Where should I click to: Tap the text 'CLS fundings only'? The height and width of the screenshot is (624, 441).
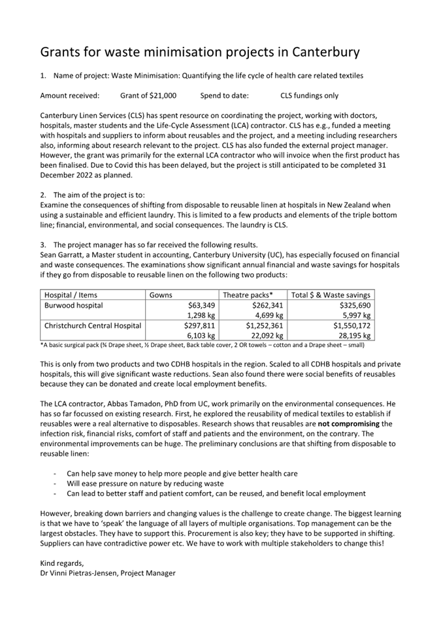(309, 95)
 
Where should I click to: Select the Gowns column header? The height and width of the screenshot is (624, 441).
(161, 295)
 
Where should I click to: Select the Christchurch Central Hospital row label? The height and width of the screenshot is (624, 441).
(93, 325)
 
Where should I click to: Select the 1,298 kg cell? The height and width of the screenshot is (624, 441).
(201, 315)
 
